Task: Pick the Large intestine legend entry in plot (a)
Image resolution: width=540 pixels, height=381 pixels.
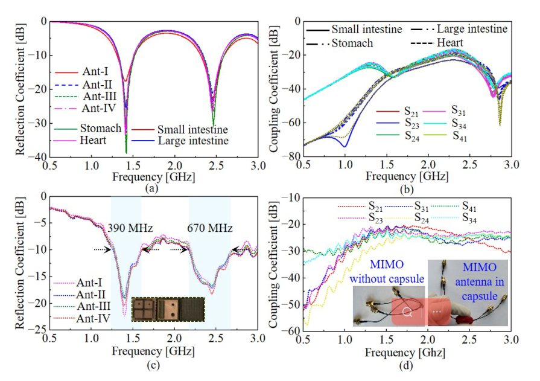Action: click(x=193, y=142)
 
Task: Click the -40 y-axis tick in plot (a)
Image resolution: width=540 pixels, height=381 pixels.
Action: click(x=38, y=156)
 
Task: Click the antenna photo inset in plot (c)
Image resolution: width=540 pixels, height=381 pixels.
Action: click(x=168, y=307)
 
